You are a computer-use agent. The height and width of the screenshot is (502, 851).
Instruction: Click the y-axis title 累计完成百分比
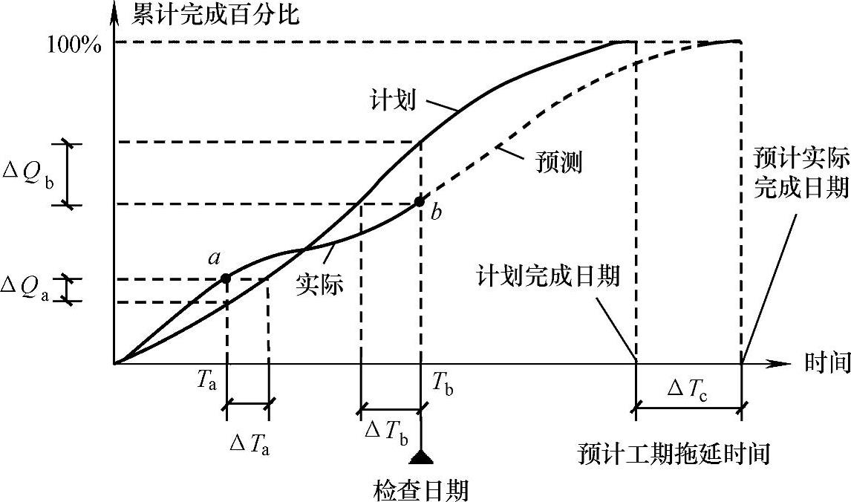[216, 13]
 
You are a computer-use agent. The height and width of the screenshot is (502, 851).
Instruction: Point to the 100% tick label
[74, 43]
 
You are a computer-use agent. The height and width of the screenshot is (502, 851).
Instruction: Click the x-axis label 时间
[826, 364]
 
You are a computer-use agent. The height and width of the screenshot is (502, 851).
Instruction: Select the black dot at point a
[226, 278]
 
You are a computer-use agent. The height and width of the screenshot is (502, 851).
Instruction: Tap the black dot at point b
[420, 201]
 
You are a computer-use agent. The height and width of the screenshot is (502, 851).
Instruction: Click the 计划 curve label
[391, 100]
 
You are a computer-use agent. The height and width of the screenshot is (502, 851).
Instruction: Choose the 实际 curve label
[321, 283]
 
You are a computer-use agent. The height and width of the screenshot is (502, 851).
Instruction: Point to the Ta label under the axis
[208, 380]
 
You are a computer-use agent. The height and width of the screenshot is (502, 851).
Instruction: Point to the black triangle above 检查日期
[421, 456]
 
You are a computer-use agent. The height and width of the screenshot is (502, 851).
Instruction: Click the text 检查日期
[420, 490]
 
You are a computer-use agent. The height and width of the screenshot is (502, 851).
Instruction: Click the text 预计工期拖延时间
[673, 453]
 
